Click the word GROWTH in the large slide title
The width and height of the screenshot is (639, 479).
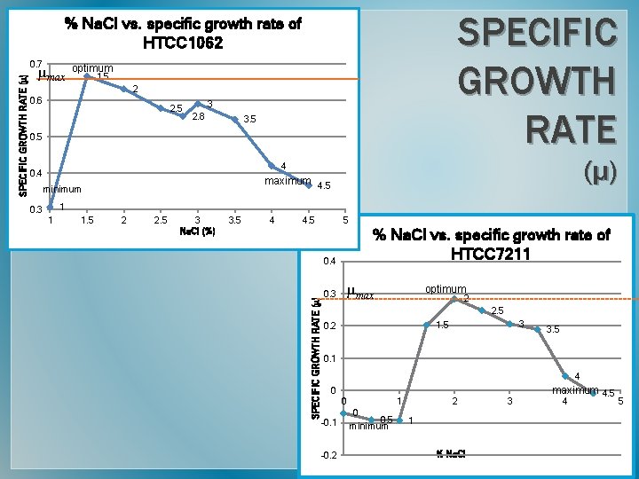coord(537,82)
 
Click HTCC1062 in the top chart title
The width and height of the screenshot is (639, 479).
coord(183,43)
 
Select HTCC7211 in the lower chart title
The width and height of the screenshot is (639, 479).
coord(491,254)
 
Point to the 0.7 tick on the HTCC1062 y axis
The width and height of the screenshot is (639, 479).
coord(35,65)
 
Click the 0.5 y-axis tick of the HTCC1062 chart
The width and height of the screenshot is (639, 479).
coord(35,137)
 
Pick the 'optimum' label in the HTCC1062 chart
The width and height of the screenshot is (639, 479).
coord(92,68)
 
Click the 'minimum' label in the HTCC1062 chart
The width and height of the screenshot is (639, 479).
coord(62,189)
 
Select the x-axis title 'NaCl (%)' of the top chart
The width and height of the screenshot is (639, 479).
coord(197,232)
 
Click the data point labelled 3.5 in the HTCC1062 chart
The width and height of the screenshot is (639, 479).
coord(235,118)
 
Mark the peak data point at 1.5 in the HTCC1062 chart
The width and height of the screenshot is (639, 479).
coord(87,77)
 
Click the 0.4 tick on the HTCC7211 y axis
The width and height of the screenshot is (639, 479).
coord(329,261)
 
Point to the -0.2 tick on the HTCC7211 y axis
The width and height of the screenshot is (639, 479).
coord(327,456)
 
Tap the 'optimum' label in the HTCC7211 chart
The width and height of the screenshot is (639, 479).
coord(446,288)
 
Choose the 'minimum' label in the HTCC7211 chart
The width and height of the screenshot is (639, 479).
coord(368,426)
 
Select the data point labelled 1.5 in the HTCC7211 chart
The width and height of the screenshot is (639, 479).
coord(427,325)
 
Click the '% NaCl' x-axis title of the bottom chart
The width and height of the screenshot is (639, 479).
coord(452,455)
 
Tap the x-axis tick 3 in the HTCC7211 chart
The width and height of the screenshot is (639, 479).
coord(509,402)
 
